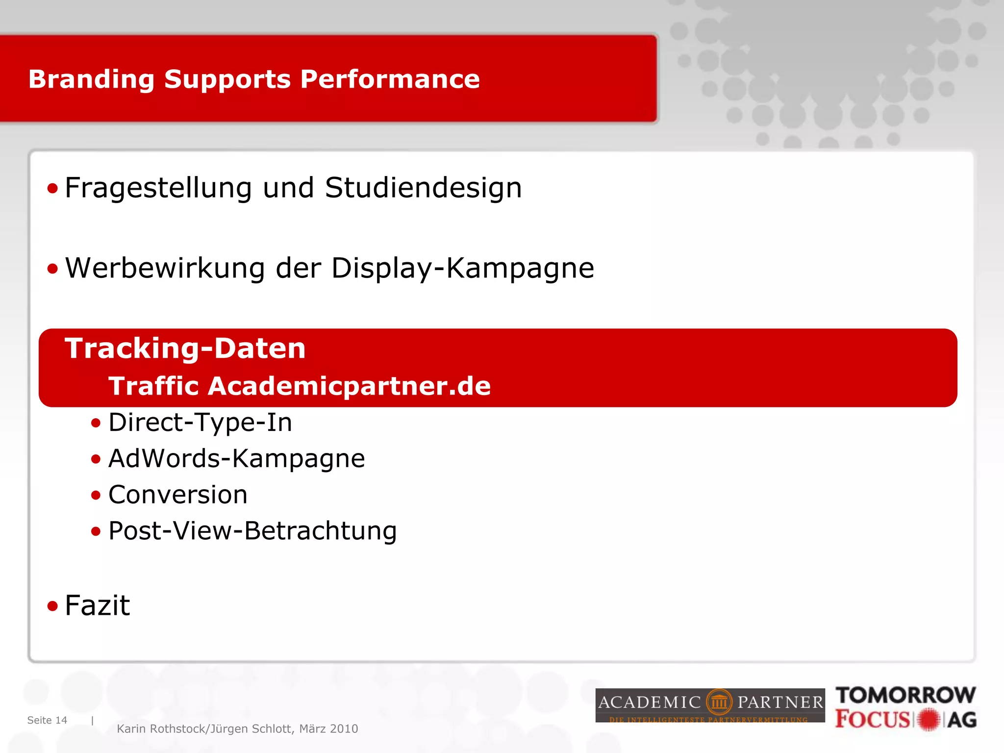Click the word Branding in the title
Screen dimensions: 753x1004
(x=91, y=79)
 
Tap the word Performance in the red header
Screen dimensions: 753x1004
(x=390, y=79)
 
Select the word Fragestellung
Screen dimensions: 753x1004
(x=158, y=188)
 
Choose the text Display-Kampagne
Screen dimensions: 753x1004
(x=462, y=269)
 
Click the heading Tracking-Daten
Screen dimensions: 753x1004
(x=185, y=349)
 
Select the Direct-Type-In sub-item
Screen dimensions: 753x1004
(x=200, y=423)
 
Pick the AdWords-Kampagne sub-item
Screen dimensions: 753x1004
(x=236, y=459)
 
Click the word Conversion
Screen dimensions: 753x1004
(x=177, y=495)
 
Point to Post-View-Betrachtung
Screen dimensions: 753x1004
(x=252, y=531)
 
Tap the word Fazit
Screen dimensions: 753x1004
(x=97, y=605)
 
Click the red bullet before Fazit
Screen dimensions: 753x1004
(x=52, y=606)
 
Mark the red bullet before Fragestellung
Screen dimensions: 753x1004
(x=52, y=188)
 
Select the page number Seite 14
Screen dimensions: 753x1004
(x=47, y=720)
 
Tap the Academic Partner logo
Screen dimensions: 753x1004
(x=710, y=705)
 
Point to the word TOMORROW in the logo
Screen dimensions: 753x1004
(x=905, y=695)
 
